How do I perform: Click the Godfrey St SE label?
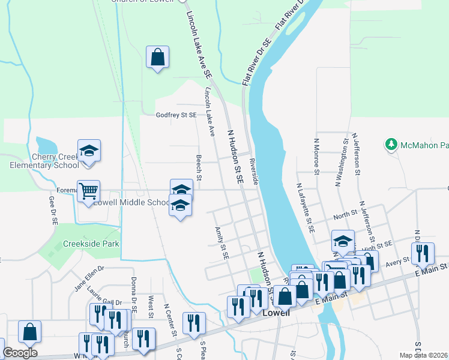[176, 115]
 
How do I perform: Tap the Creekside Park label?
[92, 244]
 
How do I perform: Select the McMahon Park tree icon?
[391, 145]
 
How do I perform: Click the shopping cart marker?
[89, 191]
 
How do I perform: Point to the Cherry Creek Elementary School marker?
[89, 151]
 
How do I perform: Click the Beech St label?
[199, 167]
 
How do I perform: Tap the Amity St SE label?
[221, 243]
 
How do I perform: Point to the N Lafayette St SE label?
[304, 208]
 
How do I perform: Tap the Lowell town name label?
[276, 313]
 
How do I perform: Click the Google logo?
[20, 353]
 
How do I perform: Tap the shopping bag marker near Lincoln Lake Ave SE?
[157, 58]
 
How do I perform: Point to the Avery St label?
[398, 261]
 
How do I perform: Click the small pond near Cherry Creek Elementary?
[46, 145]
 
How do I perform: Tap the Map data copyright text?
[424, 355]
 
